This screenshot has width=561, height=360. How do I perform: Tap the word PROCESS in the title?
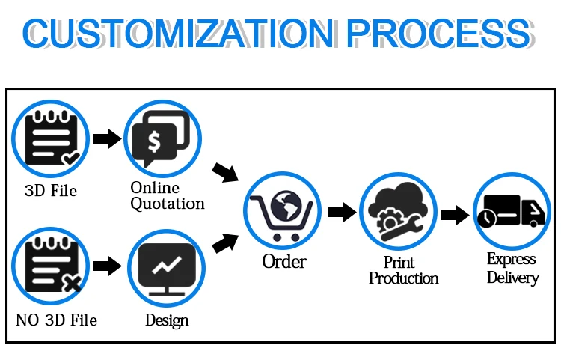point(440,33)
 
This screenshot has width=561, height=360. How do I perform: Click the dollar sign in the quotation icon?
point(154,140)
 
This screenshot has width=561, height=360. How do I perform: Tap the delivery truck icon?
point(511,213)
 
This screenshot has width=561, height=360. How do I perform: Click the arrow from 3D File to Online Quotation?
point(107,138)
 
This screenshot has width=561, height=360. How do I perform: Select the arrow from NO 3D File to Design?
point(107,265)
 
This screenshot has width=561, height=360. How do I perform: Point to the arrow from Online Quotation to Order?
point(224,172)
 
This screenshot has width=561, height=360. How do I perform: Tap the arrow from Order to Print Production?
point(341,212)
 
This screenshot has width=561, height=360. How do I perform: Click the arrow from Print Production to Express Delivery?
point(454,216)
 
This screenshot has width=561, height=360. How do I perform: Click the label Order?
point(284,262)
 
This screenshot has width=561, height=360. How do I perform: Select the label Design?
point(167,320)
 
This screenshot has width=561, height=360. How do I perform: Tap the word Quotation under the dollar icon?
point(168,203)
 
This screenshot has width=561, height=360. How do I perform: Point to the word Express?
point(512,260)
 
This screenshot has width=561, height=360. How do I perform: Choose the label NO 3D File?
point(56,320)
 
